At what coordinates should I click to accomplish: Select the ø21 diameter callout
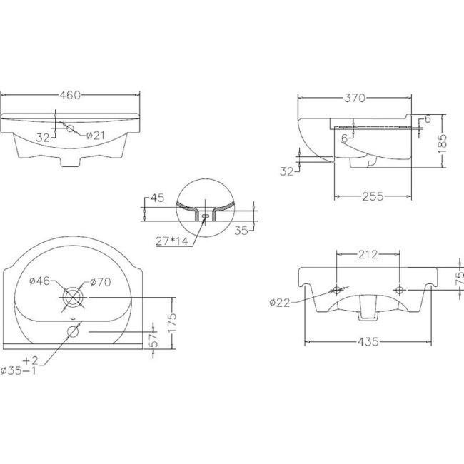pos(96,136)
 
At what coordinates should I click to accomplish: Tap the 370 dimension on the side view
pos(354,99)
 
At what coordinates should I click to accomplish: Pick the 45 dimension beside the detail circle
pos(158,199)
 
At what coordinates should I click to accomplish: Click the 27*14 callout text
pos(172,241)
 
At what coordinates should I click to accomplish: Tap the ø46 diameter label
pos(39,282)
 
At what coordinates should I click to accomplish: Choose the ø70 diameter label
pos(100,282)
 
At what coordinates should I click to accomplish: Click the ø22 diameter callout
pos(280,303)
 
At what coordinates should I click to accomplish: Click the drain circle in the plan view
pos(73,296)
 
